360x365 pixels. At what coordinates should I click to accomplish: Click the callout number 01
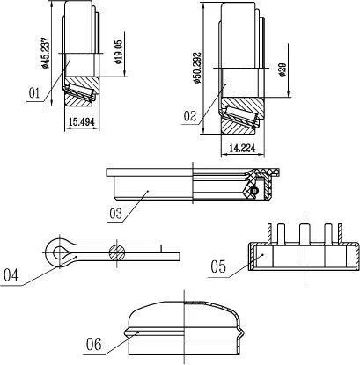(34, 93)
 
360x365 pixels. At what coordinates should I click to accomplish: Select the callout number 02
(190, 116)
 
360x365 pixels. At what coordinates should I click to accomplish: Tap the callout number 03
(115, 214)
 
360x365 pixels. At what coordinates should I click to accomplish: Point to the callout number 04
(11, 275)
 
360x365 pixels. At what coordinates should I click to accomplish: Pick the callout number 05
(218, 266)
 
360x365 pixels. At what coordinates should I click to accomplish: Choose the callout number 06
(94, 344)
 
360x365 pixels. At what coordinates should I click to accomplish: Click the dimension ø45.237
(45, 53)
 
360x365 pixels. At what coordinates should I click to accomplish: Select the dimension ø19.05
(119, 52)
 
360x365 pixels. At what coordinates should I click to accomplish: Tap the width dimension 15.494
(82, 122)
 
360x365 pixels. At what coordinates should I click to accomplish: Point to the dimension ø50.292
(198, 68)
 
